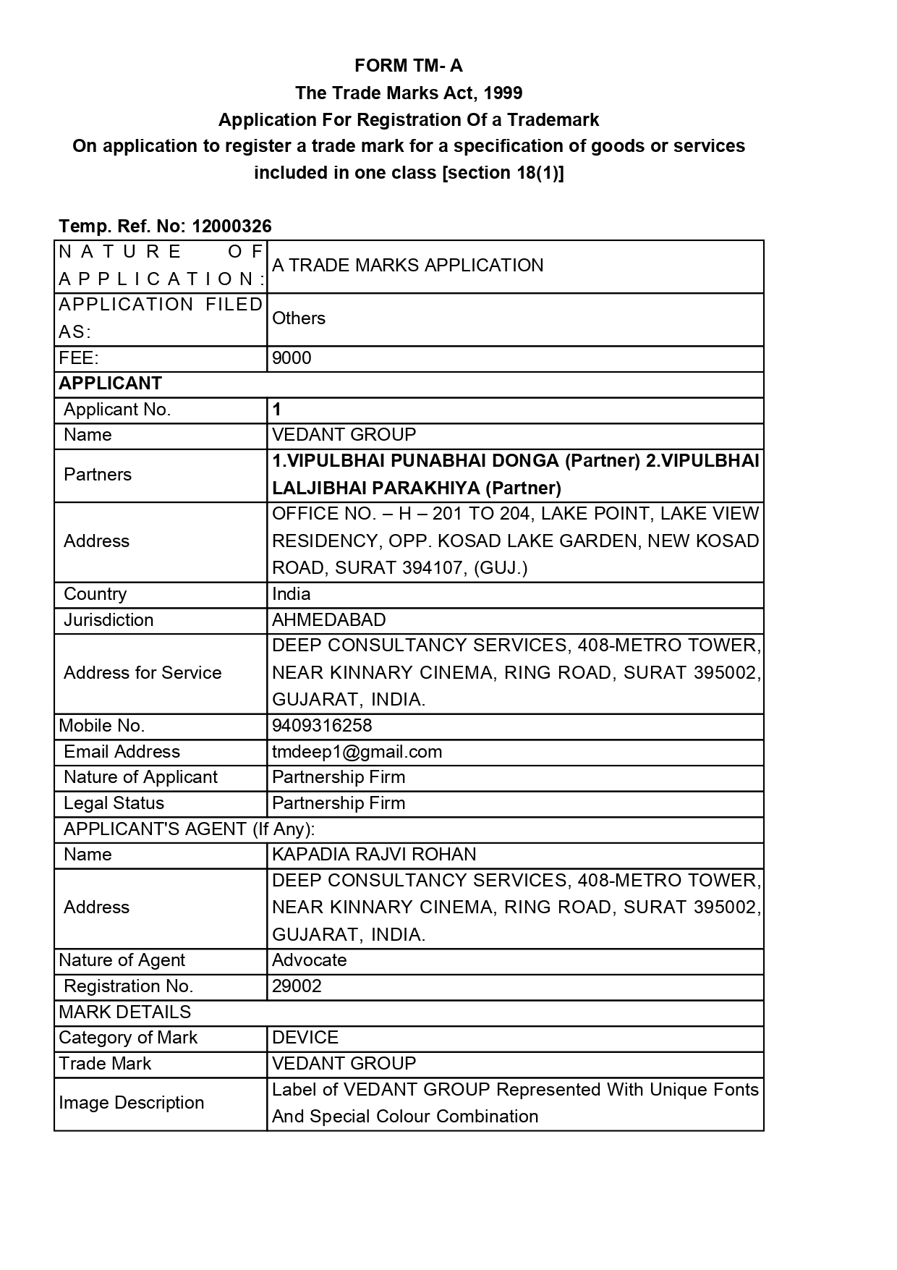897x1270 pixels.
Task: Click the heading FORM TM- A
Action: pos(408,66)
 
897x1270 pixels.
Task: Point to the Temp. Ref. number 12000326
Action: pos(231,227)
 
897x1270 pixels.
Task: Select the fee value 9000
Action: pos(292,358)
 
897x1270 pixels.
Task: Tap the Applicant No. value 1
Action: pos(276,410)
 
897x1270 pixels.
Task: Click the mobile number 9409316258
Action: pos(322,726)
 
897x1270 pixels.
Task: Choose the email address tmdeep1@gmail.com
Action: pos(357,752)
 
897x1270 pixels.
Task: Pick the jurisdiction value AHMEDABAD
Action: pos(328,620)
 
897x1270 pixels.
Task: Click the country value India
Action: pos(291,594)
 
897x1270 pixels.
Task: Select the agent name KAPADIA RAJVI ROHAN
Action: pos(374,855)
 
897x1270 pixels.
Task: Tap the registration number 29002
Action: pos(297,986)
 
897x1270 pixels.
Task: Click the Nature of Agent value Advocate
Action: pos(309,960)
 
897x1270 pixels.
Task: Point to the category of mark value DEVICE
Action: pos(305,1038)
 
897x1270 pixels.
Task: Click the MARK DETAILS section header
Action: pos(124,1012)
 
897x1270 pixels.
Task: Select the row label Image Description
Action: pos(131,1103)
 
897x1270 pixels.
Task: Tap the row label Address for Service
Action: pos(143,673)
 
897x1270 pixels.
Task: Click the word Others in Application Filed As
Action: pos(298,318)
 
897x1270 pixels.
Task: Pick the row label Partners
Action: pos(98,475)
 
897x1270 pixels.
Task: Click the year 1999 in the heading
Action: pos(503,93)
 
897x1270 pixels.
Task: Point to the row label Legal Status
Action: pos(114,803)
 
